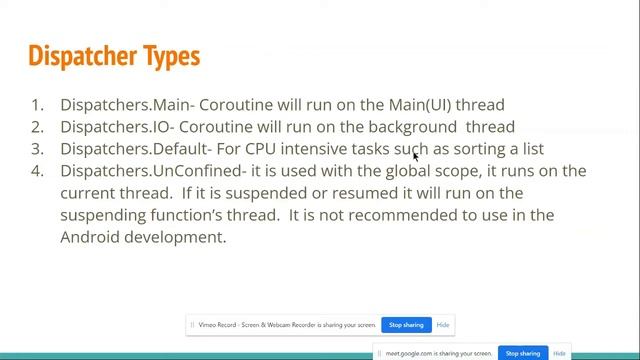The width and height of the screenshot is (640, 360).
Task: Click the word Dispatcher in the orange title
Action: click(91, 55)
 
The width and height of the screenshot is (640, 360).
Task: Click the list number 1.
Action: click(37, 104)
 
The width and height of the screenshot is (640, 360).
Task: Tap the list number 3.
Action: click(37, 149)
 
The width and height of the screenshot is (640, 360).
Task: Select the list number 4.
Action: click(37, 171)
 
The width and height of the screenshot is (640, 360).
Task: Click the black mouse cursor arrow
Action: click(415, 156)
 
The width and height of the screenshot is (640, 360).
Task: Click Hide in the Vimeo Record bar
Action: click(443, 325)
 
